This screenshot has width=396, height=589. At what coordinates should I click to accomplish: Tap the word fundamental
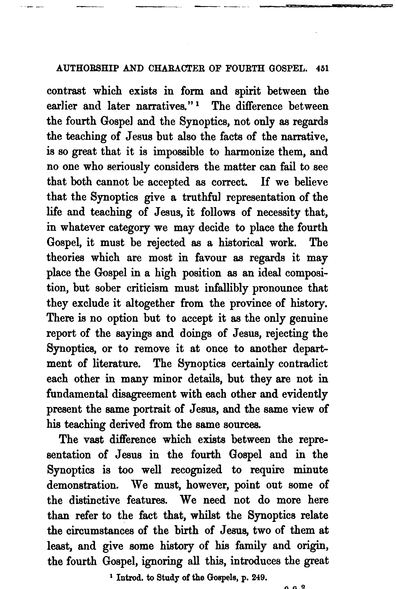click(x=77, y=394)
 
